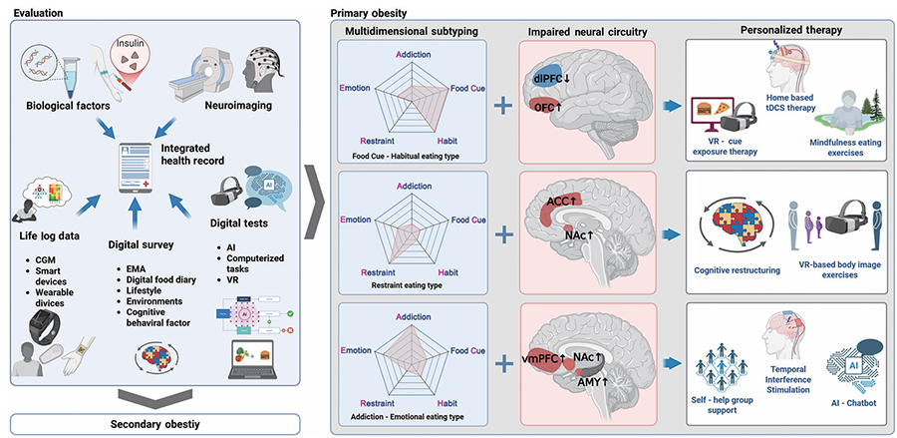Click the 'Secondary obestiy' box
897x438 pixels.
tap(155, 425)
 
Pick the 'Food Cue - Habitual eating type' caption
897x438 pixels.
tap(412, 155)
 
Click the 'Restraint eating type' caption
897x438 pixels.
tap(412, 283)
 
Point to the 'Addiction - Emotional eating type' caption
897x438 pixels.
tap(412, 416)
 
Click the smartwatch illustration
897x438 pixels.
tap(45, 325)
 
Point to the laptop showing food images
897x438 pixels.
tap(256, 361)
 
